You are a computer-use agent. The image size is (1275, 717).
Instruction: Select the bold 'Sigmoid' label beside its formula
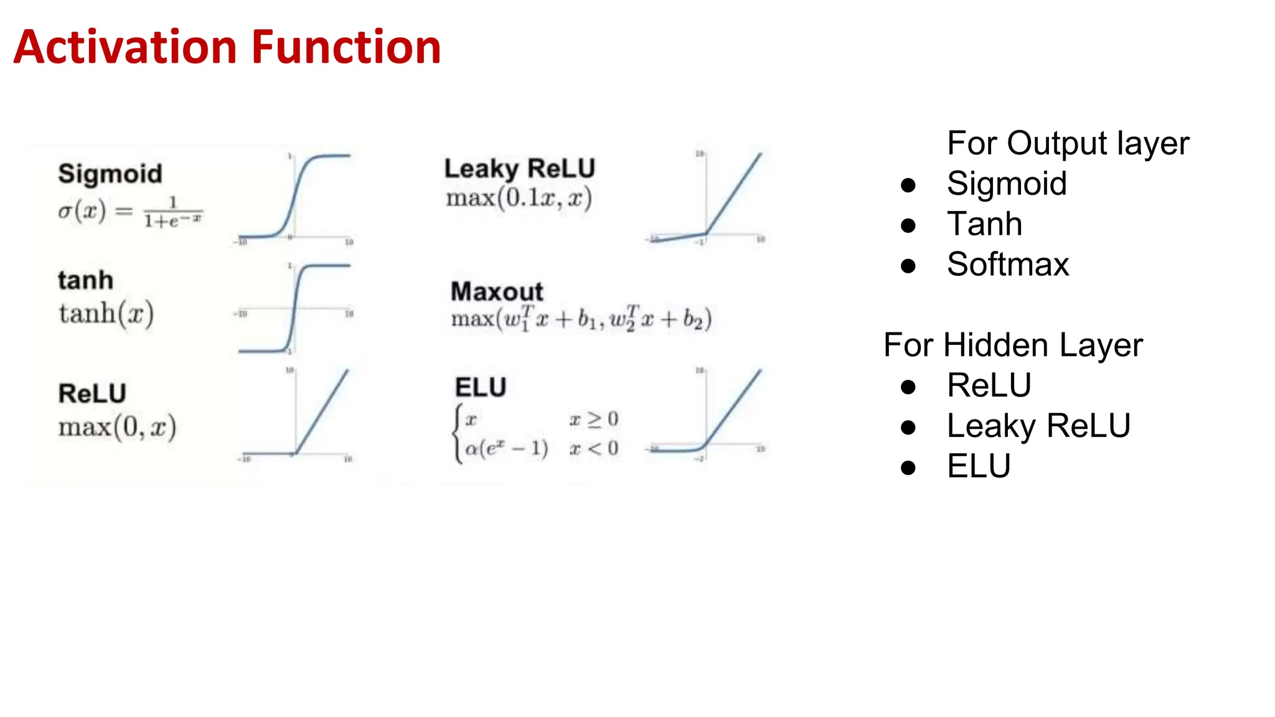tap(110, 174)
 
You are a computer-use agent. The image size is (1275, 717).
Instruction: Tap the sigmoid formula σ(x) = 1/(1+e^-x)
tap(130, 212)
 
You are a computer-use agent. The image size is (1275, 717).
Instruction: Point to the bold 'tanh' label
tap(86, 280)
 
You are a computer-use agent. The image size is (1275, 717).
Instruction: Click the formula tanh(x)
tap(106, 313)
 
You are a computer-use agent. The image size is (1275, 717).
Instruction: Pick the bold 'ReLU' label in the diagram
tap(92, 393)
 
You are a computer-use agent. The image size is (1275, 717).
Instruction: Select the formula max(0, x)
tap(118, 427)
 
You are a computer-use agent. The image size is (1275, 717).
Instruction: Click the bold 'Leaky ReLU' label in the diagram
tap(520, 169)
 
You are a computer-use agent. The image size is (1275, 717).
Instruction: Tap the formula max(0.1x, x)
tap(519, 199)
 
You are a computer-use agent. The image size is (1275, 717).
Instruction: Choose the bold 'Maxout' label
tap(497, 291)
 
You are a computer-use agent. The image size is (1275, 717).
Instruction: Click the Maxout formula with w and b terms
tap(581, 319)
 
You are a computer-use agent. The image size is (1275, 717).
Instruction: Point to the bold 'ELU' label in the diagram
tap(481, 387)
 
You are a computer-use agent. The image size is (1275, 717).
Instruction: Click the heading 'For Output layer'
tap(1068, 144)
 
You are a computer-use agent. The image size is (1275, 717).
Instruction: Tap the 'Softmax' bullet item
tap(1008, 265)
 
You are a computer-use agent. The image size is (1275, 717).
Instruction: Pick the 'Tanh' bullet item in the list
tap(984, 224)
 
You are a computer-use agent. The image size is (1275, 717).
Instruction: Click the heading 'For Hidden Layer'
tap(1013, 345)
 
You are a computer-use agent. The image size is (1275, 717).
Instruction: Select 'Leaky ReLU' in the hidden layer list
tap(1038, 426)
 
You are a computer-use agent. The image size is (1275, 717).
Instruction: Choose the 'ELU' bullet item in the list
tap(979, 466)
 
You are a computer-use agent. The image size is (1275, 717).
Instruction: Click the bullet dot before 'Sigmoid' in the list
tap(908, 185)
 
